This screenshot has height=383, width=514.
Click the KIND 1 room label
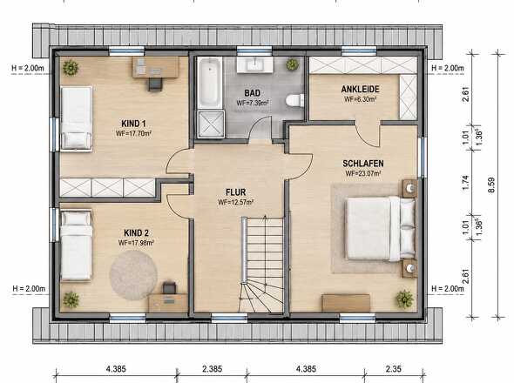tap(133, 124)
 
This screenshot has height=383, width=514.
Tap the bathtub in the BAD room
tap(209, 84)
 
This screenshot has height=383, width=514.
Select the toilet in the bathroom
tap(294, 101)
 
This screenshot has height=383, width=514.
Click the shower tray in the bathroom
tap(211, 124)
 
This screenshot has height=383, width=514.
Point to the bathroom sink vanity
tap(254, 64)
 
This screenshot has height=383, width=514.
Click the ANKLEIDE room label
tap(361, 89)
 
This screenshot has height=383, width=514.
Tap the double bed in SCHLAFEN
tap(381, 228)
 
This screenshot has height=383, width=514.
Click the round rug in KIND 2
tap(133, 275)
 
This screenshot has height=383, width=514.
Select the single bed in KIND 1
tap(77, 118)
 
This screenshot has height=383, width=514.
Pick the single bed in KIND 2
tap(76, 245)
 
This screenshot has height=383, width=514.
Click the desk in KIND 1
tap(156, 67)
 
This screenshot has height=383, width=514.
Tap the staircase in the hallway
tap(262, 265)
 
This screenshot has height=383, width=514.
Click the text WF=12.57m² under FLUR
tap(236, 203)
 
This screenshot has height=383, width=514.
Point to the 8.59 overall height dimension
tap(491, 185)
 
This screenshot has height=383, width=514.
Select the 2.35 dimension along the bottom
tap(394, 369)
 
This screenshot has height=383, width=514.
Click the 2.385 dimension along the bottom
tap(212, 369)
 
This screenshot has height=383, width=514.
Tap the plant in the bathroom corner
tap(293, 64)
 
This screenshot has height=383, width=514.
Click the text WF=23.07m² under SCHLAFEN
tap(363, 173)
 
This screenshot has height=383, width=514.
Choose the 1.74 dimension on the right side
tap(465, 182)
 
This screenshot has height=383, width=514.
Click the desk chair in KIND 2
tap(169, 288)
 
